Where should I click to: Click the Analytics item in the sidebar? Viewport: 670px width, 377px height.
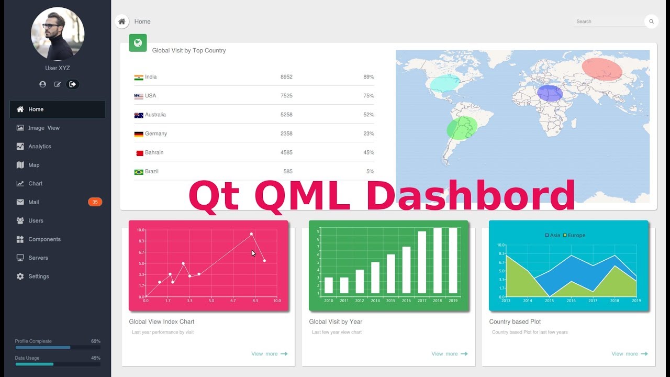click(39, 147)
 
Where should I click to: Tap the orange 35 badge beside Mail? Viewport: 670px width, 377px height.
click(95, 202)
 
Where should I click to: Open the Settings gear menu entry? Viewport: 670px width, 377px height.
click(38, 276)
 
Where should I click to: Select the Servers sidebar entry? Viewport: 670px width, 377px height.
click(38, 258)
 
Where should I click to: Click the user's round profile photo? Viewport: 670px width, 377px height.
click(58, 34)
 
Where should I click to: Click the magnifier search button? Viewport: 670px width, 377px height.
click(651, 21)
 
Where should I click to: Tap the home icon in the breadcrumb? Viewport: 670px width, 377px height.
click(122, 21)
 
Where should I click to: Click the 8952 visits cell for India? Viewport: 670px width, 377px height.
click(286, 77)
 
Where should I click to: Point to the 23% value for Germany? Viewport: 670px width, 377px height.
click(368, 134)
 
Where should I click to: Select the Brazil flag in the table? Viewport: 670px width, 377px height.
click(139, 172)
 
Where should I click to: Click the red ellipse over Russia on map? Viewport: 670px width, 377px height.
click(602, 69)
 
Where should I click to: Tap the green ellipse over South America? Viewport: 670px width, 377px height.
click(462, 128)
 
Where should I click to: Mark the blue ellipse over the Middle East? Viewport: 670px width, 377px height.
click(550, 93)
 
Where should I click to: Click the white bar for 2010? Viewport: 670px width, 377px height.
click(329, 285)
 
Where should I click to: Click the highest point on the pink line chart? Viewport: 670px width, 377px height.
click(251, 234)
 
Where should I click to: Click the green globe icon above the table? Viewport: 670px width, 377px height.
click(138, 43)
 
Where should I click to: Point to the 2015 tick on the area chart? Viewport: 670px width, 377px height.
click(549, 301)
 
